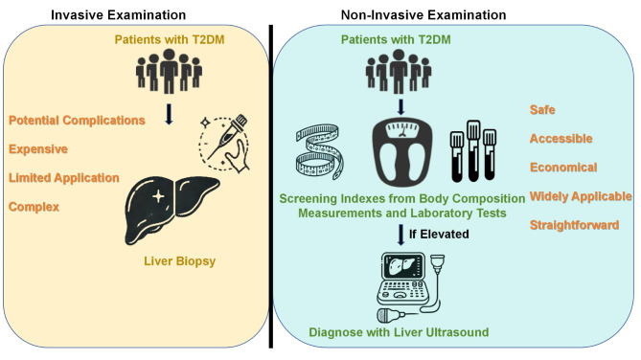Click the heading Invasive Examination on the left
(x=118, y=15)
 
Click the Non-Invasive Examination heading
(x=424, y=15)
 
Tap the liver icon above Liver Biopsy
(x=172, y=210)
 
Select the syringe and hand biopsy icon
(x=223, y=143)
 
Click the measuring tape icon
(x=320, y=152)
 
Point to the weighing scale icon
(x=401, y=152)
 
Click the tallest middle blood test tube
(x=473, y=151)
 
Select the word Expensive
(x=38, y=149)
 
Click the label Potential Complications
(x=77, y=121)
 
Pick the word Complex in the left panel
(x=34, y=207)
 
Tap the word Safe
(x=542, y=110)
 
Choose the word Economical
(x=563, y=168)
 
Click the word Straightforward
(x=574, y=225)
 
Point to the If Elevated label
(x=439, y=235)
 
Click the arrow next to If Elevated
(x=401, y=235)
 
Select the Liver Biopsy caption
(x=179, y=261)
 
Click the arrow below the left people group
(x=169, y=114)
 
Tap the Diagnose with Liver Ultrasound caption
(x=399, y=332)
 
